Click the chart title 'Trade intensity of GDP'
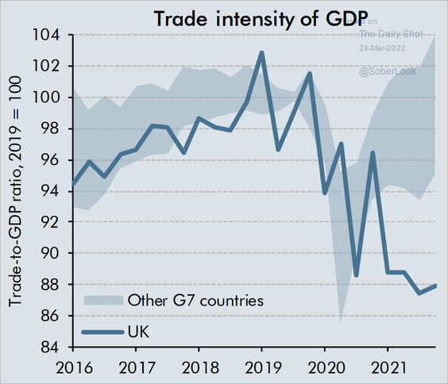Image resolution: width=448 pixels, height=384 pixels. pyautogui.click(x=261, y=19)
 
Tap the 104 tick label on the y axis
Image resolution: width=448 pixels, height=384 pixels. pyautogui.click(x=46, y=36)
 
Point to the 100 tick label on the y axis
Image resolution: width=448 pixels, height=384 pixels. pyautogui.click(x=46, y=98)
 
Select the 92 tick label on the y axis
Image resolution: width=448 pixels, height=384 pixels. pyautogui.click(x=50, y=221)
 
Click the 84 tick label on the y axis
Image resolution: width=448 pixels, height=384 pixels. pyautogui.click(x=50, y=347)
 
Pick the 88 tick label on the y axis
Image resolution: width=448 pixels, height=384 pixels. pyautogui.click(x=50, y=285)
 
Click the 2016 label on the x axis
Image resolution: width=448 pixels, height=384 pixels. pyautogui.click(x=75, y=367)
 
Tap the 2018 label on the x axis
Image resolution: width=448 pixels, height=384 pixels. pyautogui.click(x=200, y=367)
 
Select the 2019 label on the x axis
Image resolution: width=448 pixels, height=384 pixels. pyautogui.click(x=263, y=367)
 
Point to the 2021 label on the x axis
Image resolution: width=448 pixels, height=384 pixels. pyautogui.click(x=389, y=367)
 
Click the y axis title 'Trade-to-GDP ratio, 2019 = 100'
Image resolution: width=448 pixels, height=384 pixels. pyautogui.click(x=15, y=191)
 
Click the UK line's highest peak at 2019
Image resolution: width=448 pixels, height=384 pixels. pyautogui.click(x=261, y=52)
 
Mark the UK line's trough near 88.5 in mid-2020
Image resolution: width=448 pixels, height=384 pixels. pyautogui.click(x=356, y=275)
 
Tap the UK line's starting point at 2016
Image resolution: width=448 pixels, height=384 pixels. pyautogui.click(x=73, y=184)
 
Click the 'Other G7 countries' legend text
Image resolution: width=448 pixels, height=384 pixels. pyautogui.click(x=195, y=301)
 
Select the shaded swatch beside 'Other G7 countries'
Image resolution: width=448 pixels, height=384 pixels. pyautogui.click(x=104, y=301)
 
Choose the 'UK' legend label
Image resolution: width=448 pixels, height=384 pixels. pyautogui.click(x=138, y=332)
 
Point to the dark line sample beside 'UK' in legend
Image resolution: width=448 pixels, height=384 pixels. pyautogui.click(x=102, y=332)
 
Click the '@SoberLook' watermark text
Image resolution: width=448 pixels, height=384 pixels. pyautogui.click(x=388, y=71)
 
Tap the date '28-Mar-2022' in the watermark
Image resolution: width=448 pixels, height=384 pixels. pyautogui.click(x=382, y=48)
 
